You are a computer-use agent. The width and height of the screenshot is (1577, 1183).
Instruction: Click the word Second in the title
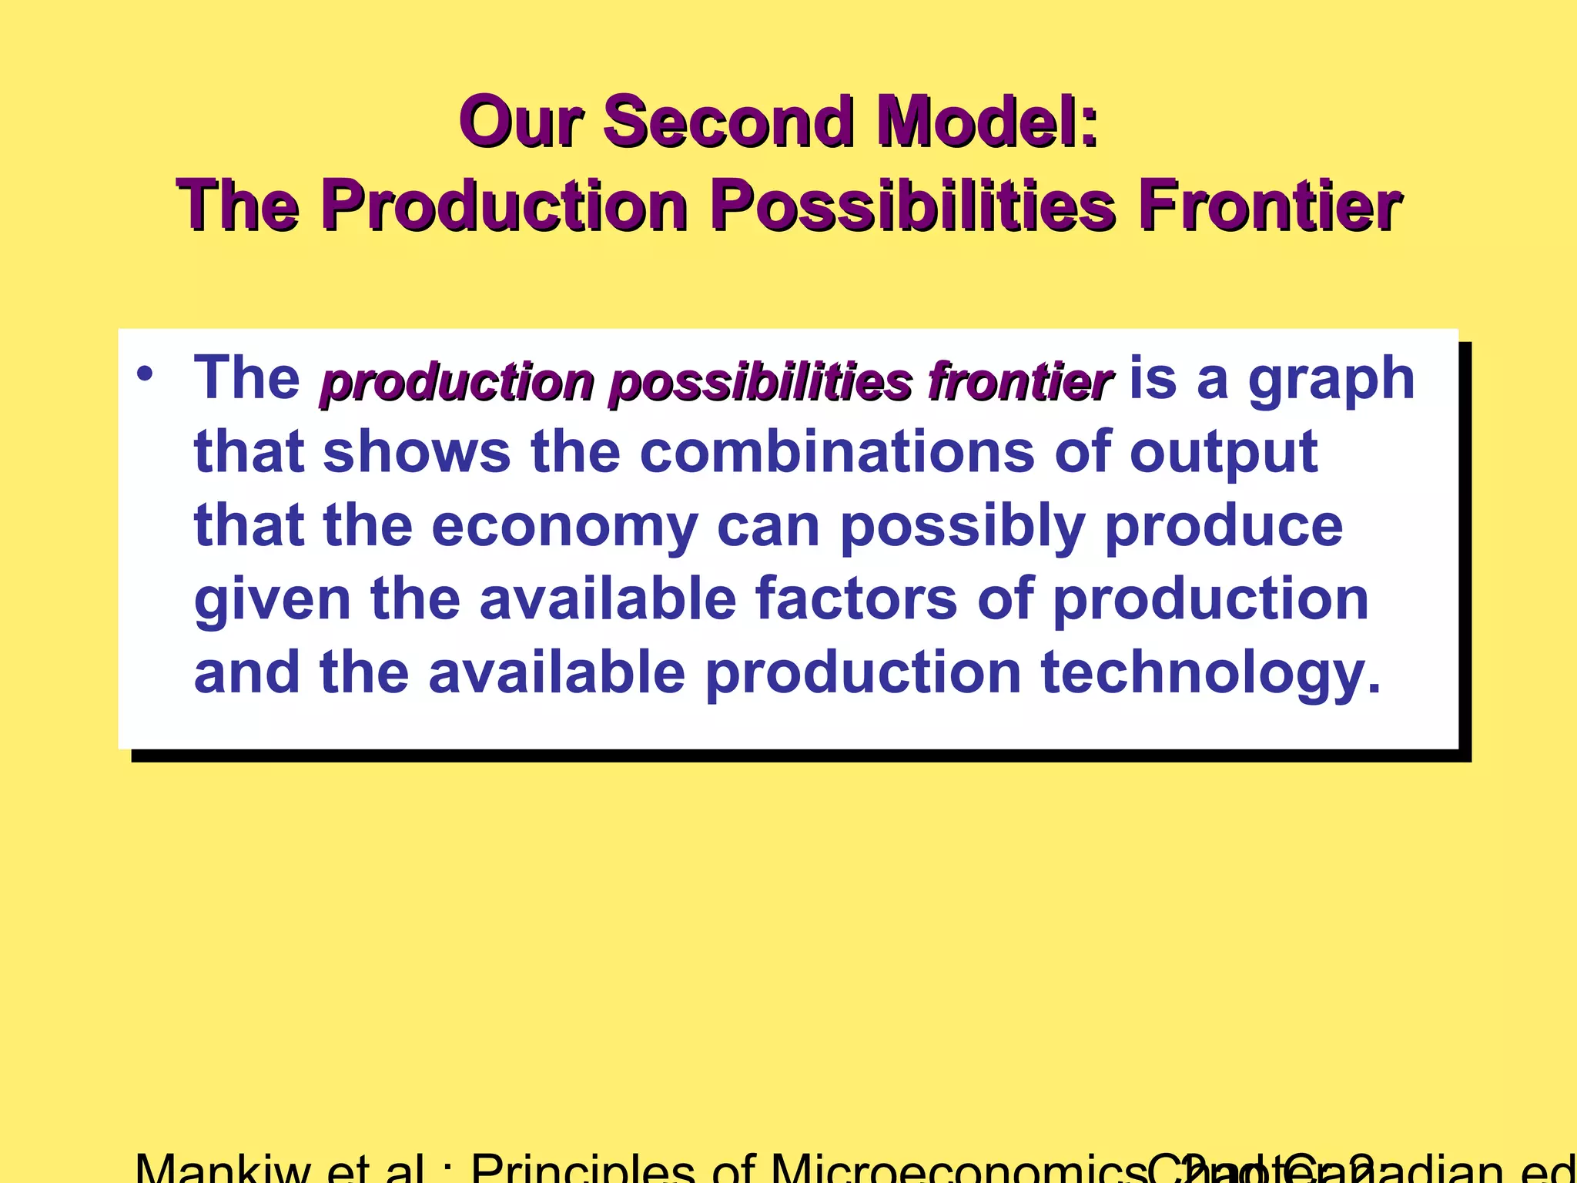tap(728, 122)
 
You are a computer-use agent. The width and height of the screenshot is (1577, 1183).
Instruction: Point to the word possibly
tap(962, 527)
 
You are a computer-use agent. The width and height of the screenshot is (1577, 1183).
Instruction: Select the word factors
tap(855, 599)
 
